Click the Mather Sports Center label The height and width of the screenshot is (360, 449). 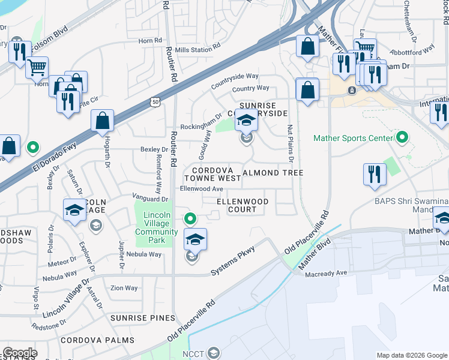352,139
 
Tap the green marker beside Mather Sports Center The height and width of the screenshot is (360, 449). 402,138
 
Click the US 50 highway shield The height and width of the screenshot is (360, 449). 155,103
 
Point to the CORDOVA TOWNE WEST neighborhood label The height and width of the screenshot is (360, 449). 212,174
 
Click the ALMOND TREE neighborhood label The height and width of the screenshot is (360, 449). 273,173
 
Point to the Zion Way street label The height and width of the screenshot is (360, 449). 124,288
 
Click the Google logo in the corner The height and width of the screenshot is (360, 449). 20,353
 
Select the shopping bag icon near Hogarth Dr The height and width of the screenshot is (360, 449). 103,121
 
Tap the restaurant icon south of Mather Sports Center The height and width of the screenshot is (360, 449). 375,174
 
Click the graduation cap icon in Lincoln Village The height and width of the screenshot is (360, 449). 74,210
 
